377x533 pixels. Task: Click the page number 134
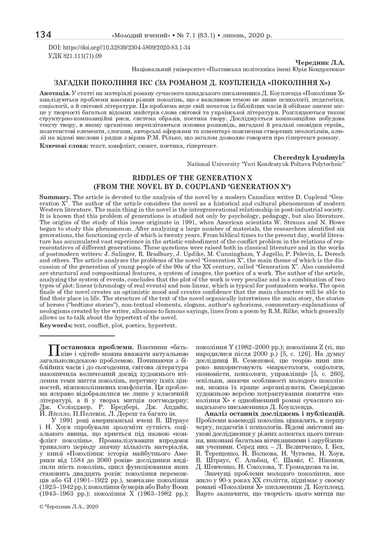coord(42,35)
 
